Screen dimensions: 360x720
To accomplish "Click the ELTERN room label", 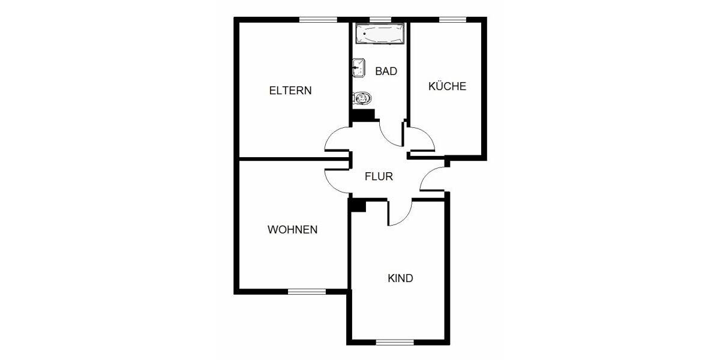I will [290, 91].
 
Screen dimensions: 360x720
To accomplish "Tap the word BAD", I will [386, 71].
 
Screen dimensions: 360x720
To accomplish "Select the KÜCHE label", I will [447, 86].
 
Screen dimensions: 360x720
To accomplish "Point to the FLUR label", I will [379, 177].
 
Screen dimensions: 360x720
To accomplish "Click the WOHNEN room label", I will [292, 230].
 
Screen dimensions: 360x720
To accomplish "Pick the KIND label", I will [400, 278].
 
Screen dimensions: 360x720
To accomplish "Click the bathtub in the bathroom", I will [379, 34].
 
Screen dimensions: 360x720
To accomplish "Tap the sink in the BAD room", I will [359, 68].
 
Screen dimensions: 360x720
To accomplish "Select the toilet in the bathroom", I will [362, 98].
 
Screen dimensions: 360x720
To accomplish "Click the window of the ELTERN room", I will [317, 19].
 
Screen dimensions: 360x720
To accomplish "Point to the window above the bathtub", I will [379, 19].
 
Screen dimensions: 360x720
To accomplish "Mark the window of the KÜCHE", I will [453, 19].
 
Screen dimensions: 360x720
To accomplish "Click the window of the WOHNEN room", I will [306, 292].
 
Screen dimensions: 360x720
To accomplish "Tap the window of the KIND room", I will [394, 343].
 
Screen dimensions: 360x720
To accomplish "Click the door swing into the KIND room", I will [400, 213].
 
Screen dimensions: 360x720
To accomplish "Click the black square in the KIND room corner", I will [358, 205].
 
